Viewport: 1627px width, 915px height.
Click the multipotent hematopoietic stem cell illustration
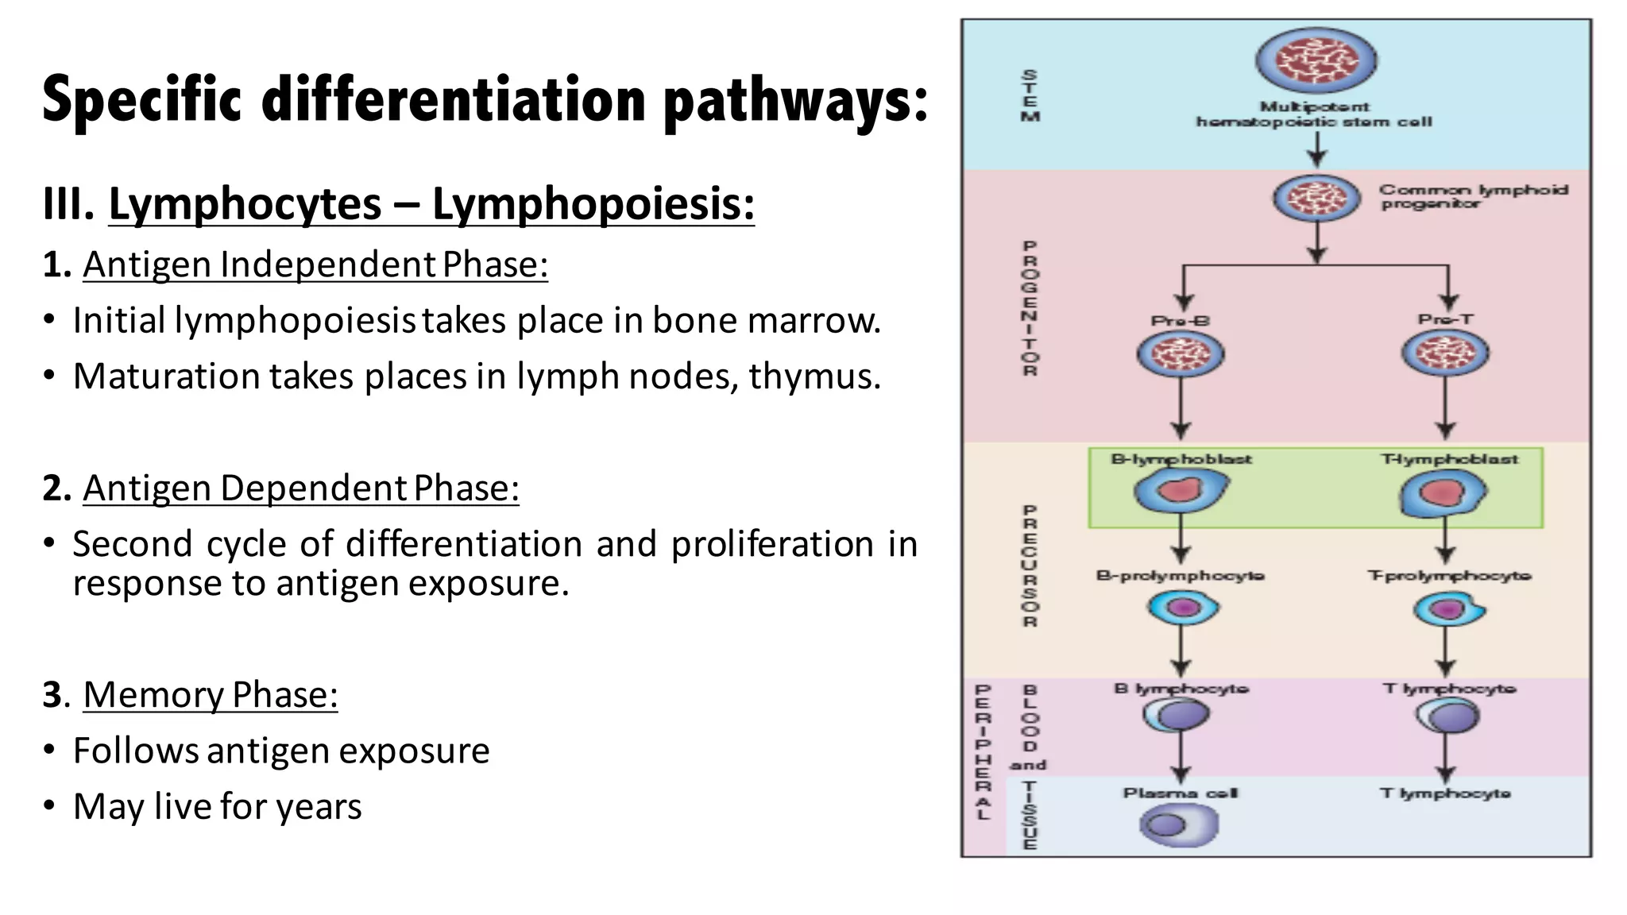point(1316,60)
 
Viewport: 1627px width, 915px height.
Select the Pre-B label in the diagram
point(1180,321)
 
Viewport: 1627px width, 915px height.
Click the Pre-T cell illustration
point(1444,353)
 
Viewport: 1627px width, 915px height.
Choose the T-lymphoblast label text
point(1449,459)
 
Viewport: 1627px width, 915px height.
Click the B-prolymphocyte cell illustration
point(1183,608)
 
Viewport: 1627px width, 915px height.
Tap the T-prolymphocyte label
point(1449,575)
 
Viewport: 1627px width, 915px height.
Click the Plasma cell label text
point(1180,793)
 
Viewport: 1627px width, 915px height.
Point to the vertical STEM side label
point(1030,96)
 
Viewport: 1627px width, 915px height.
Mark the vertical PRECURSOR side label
point(1030,566)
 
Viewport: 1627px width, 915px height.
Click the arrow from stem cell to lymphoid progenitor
point(1316,149)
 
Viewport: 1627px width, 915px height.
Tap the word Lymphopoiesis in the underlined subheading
point(593,205)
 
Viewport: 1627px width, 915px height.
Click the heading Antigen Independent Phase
point(315,264)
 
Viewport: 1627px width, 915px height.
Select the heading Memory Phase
point(211,695)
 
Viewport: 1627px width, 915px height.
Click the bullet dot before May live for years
point(50,806)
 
